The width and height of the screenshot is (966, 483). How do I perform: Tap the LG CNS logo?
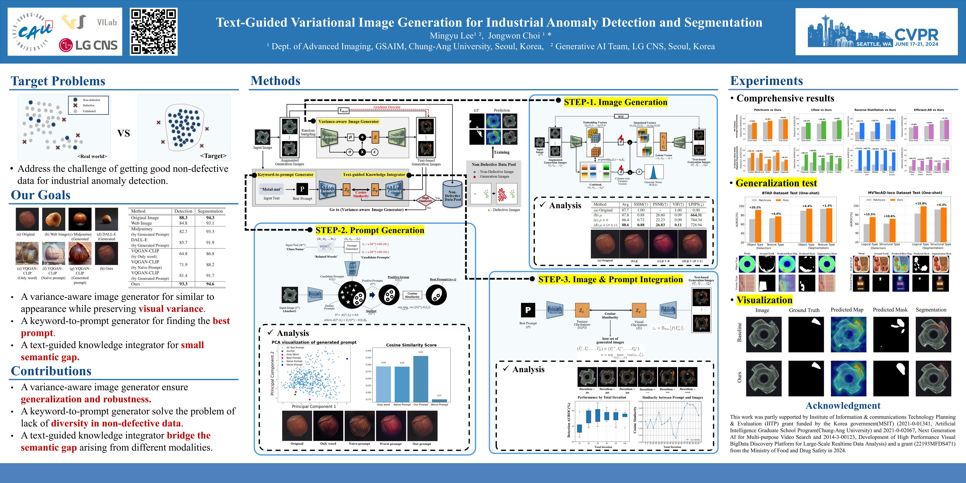[88, 45]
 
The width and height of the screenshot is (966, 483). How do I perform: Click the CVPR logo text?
[916, 35]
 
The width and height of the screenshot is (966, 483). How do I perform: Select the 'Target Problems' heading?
[58, 81]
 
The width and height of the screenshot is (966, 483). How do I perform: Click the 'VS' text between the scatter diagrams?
[124, 133]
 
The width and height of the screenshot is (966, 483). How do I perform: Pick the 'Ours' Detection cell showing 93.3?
[183, 284]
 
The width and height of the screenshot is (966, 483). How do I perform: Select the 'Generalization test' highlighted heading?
[776, 183]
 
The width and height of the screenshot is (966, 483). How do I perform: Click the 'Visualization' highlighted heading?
[764, 300]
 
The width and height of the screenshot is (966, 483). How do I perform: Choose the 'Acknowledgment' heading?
[843, 405]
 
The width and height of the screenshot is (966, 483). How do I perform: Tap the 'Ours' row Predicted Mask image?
[891, 378]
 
